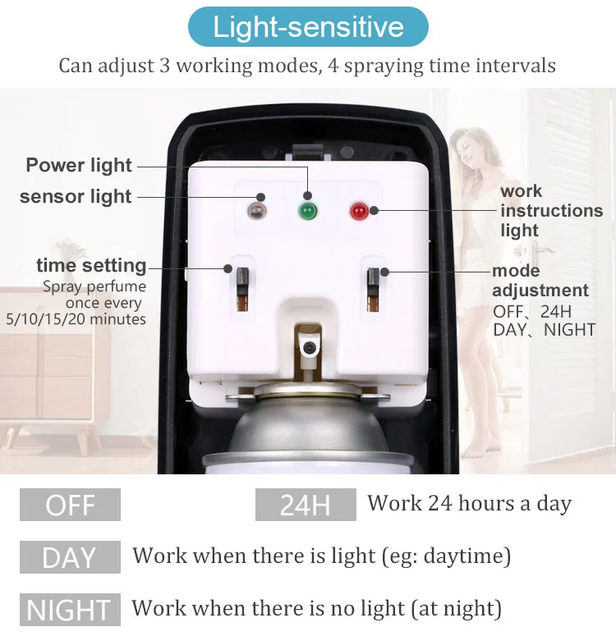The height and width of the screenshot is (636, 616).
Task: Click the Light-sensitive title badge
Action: (308, 27)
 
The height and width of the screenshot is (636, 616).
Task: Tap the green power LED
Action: (307, 212)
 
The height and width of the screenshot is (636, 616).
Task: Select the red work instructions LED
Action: (359, 212)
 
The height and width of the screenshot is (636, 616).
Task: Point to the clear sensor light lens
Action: (256, 211)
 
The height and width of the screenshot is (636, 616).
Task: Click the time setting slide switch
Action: (242, 289)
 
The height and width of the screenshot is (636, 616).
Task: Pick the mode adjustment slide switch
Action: (373, 290)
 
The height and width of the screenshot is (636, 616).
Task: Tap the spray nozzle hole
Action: (309, 348)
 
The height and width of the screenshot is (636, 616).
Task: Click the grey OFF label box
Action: (71, 505)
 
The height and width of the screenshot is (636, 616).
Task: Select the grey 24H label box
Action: (306, 505)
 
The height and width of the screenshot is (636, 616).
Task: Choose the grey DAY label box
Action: (71, 557)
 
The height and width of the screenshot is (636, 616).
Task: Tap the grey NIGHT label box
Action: (71, 609)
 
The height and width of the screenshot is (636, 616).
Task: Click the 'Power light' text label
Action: (79, 165)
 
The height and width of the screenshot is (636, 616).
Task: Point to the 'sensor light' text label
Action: (76, 196)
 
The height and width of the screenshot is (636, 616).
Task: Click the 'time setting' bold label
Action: (91, 265)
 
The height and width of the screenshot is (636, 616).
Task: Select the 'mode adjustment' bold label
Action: (540, 281)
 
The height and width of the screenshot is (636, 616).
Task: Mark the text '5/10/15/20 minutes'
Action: (76, 319)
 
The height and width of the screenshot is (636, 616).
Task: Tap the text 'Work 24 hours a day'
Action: (470, 503)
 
